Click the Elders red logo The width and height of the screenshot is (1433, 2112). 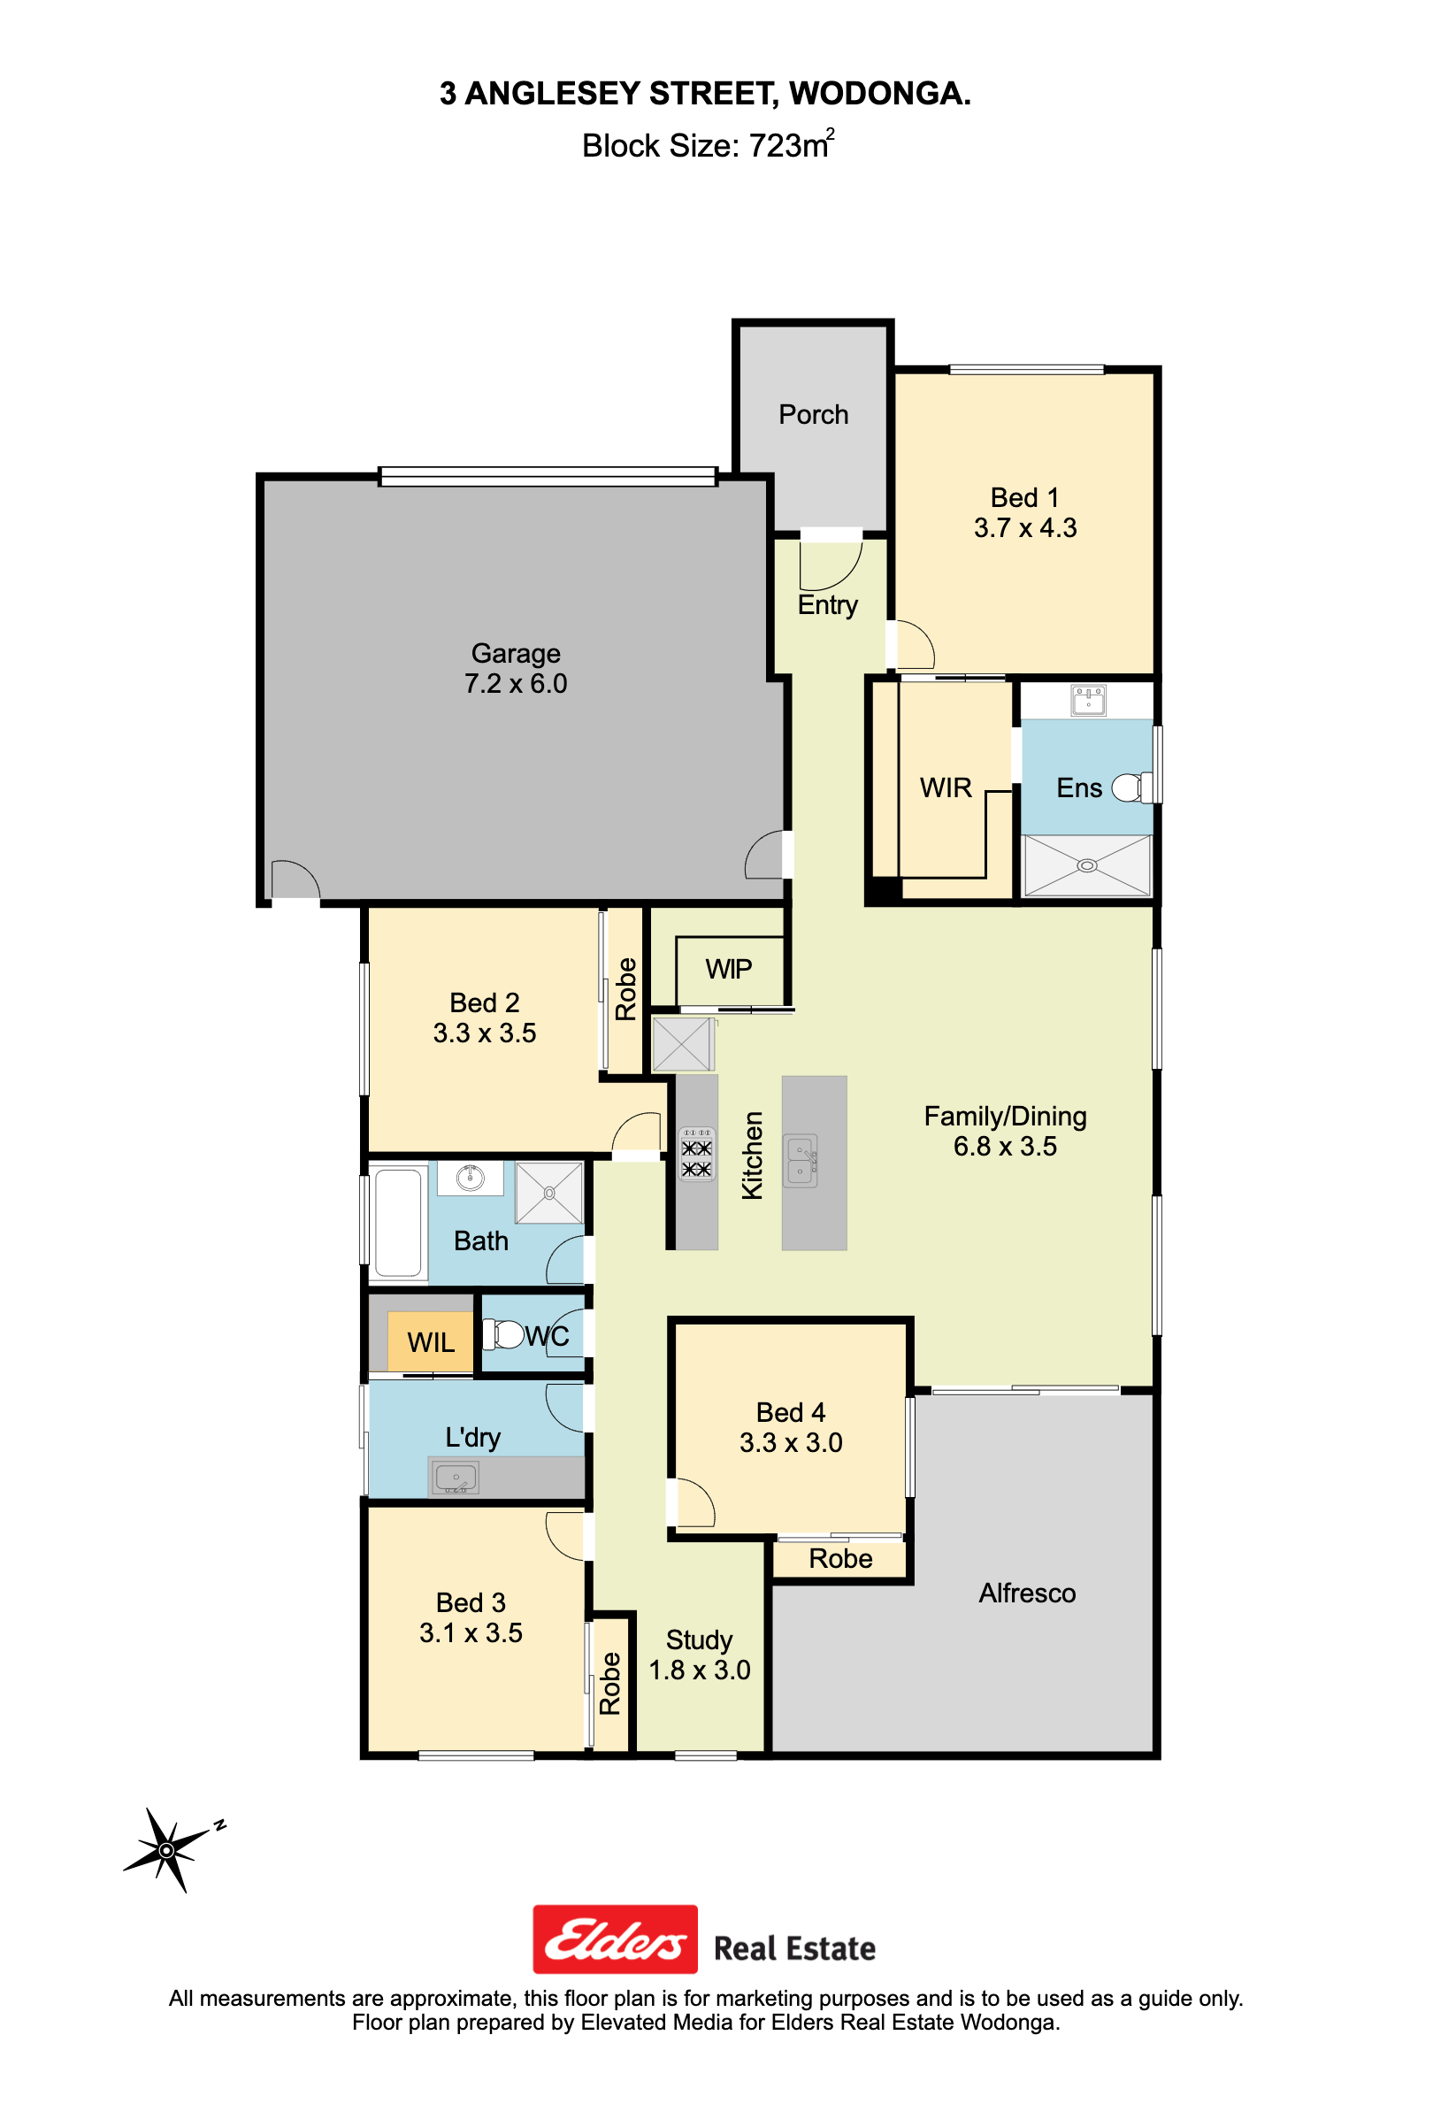coord(614,1939)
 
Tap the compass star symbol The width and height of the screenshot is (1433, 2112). coord(166,1850)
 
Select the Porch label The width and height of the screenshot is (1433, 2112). coord(813,414)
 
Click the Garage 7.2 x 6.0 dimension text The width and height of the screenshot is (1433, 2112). coord(515,683)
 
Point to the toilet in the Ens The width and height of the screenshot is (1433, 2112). coord(1131,787)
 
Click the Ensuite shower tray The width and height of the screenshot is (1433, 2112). coord(1087,865)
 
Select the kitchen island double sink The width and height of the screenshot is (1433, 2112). coord(801,1161)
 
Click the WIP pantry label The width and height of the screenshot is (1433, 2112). coord(729,969)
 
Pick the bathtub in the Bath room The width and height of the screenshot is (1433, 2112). coord(398,1222)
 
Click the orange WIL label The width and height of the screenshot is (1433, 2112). coord(431,1341)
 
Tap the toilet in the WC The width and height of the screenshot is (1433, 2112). coord(505,1334)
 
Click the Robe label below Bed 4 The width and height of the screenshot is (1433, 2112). coord(840,1558)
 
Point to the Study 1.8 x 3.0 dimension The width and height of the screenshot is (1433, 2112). coord(699,1670)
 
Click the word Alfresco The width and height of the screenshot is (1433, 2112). coord(1027,1592)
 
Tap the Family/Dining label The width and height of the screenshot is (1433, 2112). coord(1005,1116)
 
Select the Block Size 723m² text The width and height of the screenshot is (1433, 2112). coord(708,144)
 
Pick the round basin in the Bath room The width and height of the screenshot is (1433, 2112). coord(470,1178)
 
